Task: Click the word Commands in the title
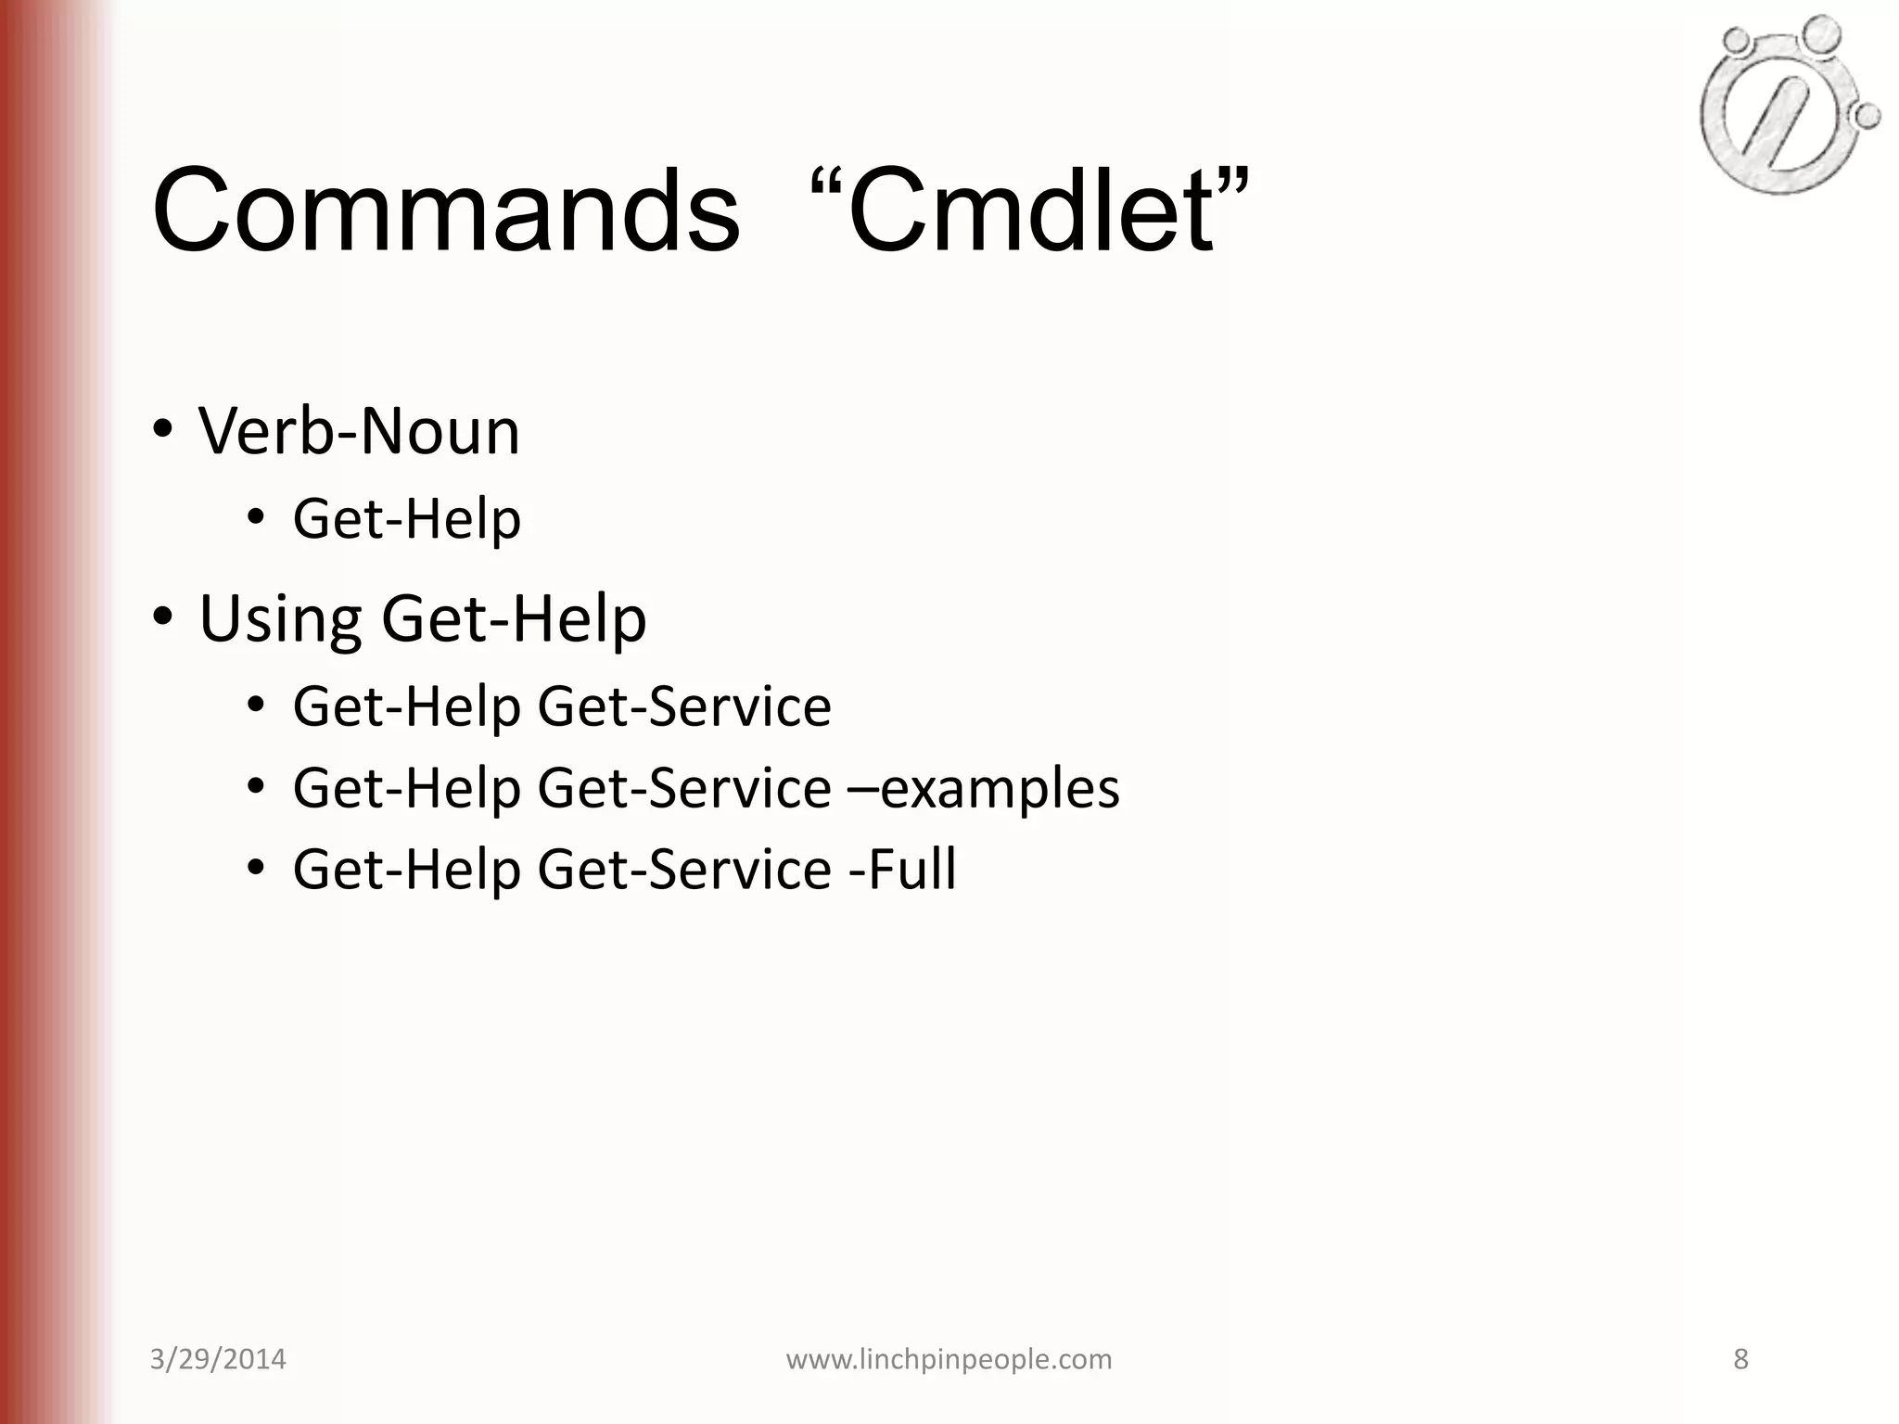coord(446,211)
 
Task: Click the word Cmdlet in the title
coord(1030,211)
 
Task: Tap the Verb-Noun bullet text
coord(359,432)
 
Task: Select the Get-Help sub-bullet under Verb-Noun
coord(406,519)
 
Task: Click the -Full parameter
coord(902,870)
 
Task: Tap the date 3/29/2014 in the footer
coord(218,1359)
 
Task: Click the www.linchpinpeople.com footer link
coord(949,1359)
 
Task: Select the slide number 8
coord(1740,1359)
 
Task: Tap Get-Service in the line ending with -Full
coord(684,870)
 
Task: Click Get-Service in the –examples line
coord(684,789)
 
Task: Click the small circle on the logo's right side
coord(1867,115)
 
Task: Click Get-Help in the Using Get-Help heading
coord(514,619)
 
